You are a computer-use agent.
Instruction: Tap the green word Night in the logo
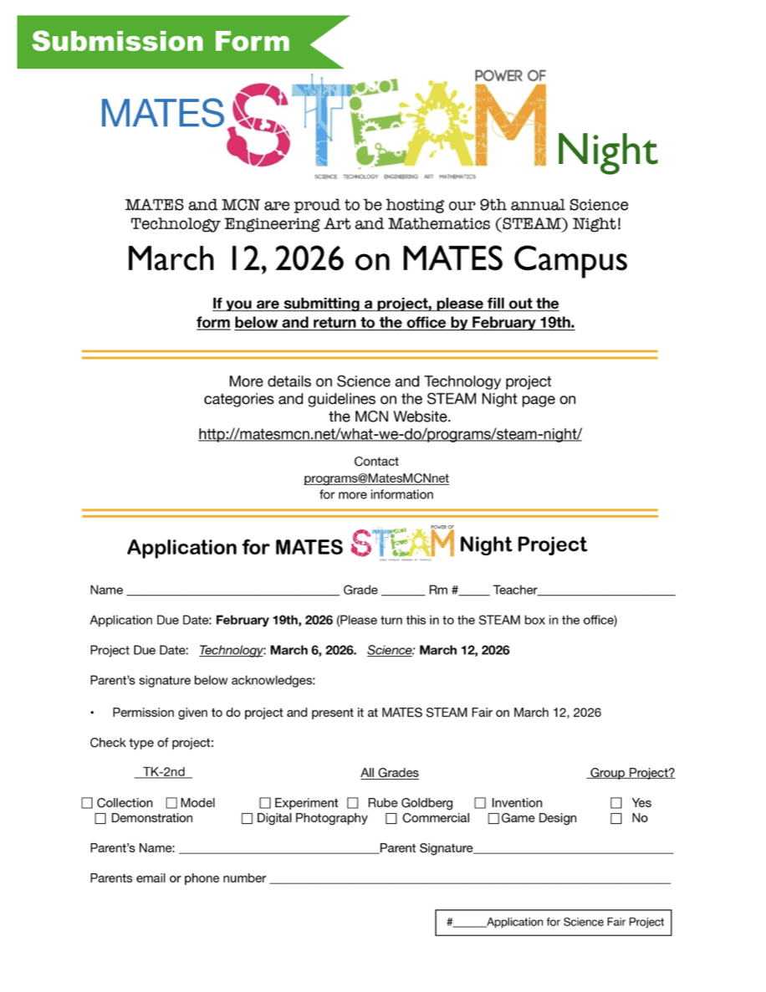click(606, 151)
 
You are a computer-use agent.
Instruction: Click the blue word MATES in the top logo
click(162, 114)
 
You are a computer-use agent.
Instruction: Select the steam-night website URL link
click(390, 434)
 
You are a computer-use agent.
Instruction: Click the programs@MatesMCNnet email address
click(376, 478)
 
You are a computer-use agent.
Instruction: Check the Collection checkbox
click(87, 803)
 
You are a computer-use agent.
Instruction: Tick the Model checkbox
click(172, 803)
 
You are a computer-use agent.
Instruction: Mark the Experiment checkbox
click(265, 803)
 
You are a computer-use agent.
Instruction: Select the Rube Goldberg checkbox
click(353, 803)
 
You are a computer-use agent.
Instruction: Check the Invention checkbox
click(480, 803)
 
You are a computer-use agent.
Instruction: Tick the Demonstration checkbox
click(100, 819)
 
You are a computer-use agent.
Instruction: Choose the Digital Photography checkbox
click(247, 819)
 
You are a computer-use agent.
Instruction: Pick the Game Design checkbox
click(493, 819)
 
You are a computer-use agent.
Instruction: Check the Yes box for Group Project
click(616, 803)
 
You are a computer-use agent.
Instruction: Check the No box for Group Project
click(616, 819)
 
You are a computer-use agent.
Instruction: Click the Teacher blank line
click(606, 591)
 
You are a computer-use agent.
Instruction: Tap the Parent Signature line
click(573, 850)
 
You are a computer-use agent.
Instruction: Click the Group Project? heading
click(631, 773)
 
